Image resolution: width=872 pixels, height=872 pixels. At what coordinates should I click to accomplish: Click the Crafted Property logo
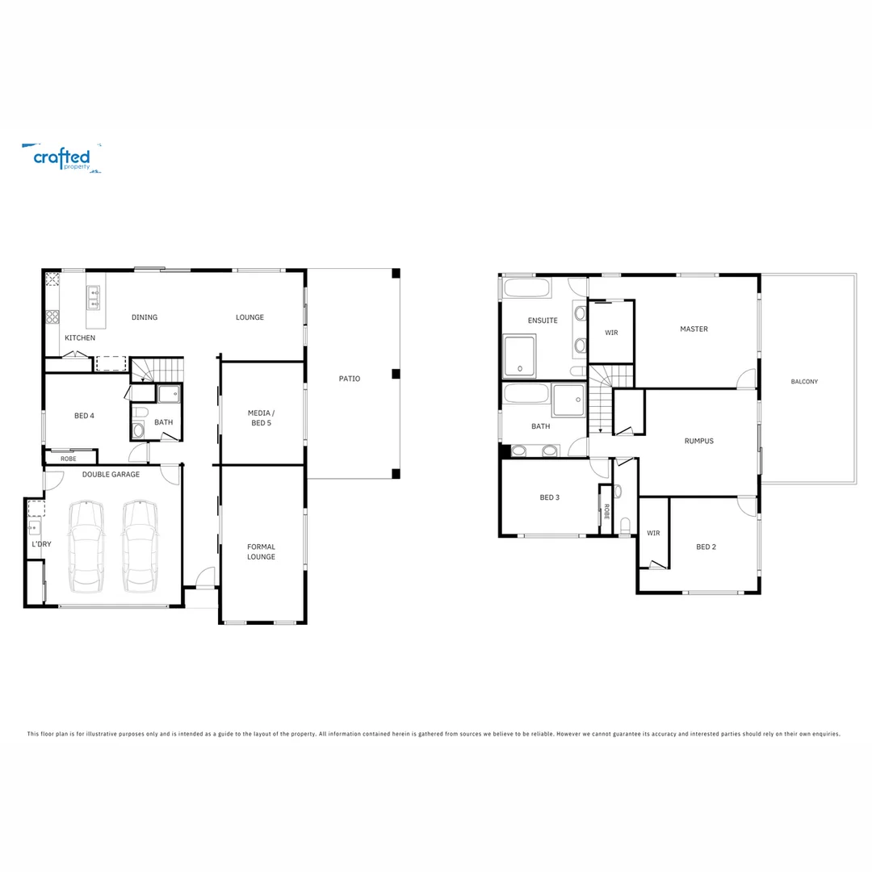point(61,157)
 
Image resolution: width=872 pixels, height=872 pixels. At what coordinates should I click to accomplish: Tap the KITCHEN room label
point(80,337)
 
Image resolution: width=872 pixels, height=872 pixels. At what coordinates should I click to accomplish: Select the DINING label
point(145,317)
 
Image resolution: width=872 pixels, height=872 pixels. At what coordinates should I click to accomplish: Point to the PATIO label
point(350,379)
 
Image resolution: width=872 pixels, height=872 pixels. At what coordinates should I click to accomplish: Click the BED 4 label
point(84,416)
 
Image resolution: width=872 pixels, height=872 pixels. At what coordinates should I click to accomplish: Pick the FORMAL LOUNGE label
point(261,551)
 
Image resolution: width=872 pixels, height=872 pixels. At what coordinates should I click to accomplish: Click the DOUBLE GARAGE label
point(111,475)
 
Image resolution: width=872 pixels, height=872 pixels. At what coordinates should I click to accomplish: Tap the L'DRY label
point(41,544)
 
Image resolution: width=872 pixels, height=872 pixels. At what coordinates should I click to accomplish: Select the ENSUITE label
point(543,321)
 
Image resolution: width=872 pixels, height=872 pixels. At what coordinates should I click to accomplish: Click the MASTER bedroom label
point(694,329)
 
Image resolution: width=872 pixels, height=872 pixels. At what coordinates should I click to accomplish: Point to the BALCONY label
point(804,381)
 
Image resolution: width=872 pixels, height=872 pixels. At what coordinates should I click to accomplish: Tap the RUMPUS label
point(698,441)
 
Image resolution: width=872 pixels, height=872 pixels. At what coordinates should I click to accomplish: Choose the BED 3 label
point(549,497)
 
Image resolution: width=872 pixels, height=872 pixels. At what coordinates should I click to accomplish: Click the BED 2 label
point(706,547)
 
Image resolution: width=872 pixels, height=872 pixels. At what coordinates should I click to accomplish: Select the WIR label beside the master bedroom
point(611,333)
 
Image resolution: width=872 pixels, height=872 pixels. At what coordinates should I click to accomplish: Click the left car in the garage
point(86,546)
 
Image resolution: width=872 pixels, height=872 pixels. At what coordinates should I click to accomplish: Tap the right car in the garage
point(140,546)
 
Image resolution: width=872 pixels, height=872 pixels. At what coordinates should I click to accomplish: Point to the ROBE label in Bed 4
point(69,459)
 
